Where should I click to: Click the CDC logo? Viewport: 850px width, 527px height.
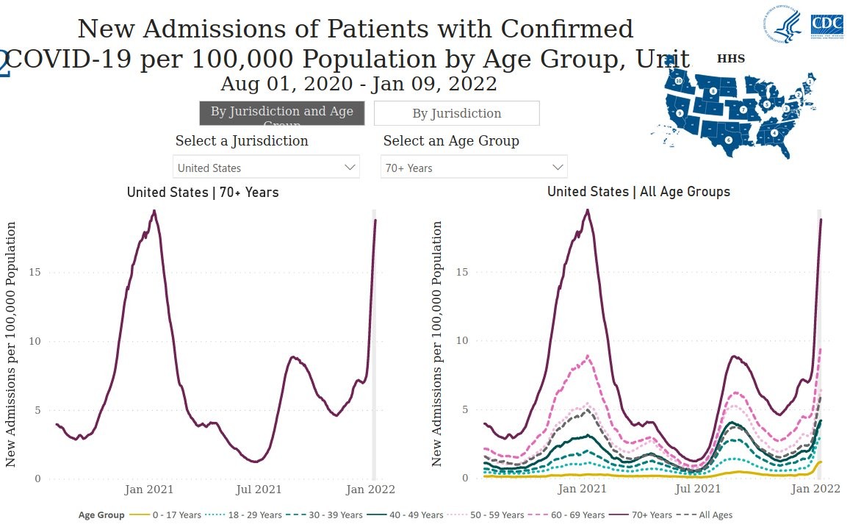point(826,26)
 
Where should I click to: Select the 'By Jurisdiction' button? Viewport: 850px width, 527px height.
point(456,113)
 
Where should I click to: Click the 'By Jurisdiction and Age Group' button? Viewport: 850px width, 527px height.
point(281,113)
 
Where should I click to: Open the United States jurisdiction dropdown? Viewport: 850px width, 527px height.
point(266,168)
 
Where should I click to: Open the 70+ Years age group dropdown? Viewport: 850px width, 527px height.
point(474,168)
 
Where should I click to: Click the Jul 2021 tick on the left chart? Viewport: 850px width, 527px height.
point(259,490)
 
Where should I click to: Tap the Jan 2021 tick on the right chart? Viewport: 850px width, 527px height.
point(582,489)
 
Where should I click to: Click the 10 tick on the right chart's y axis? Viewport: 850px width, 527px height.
point(461,341)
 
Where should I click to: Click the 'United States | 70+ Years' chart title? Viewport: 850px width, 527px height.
point(203,193)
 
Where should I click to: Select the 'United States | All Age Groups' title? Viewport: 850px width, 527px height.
point(638,192)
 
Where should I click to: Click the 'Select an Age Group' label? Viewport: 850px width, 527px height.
point(451,140)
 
